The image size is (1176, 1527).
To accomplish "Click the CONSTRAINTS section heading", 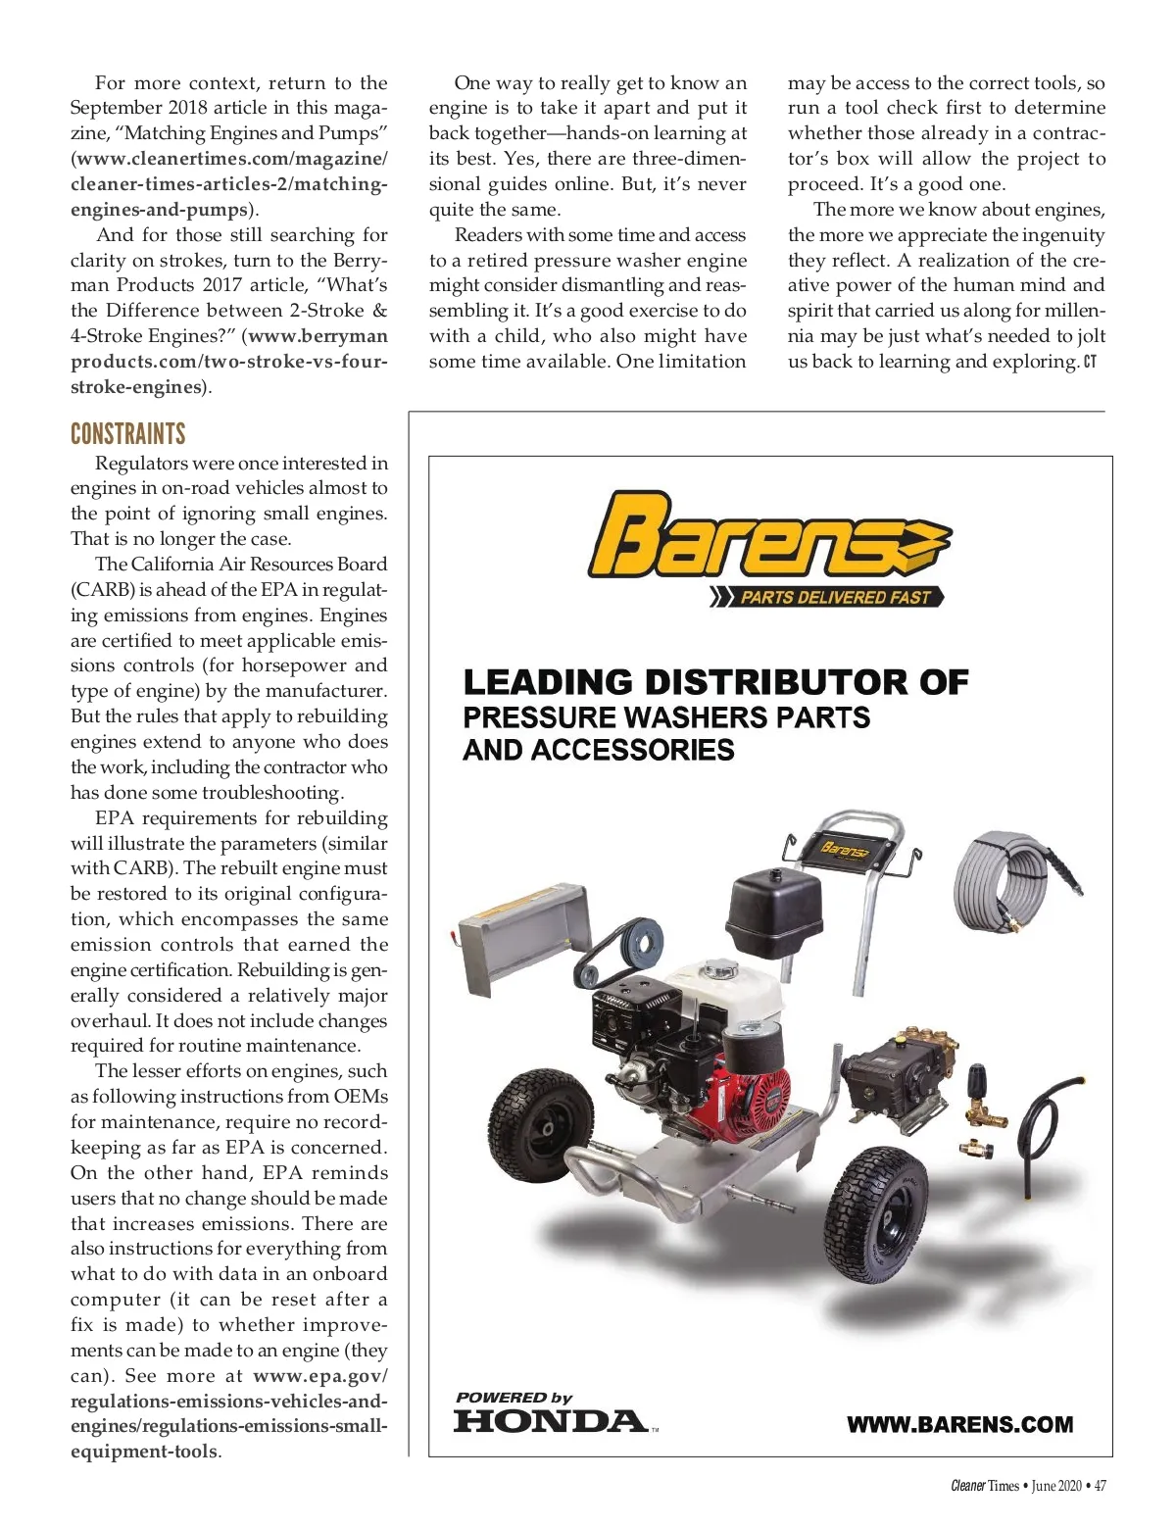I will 127,434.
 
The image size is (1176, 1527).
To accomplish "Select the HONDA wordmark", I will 550,1420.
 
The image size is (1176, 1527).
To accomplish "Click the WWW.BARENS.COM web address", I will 959,1424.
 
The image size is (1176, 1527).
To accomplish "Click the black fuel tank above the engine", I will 775,911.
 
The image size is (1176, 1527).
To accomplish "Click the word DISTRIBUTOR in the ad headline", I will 775,682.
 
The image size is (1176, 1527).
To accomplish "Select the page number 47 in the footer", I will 1100,1486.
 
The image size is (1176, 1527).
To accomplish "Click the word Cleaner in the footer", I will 967,1486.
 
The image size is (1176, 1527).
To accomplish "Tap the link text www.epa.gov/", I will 320,1375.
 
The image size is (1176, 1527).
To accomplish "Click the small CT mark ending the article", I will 1090,362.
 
